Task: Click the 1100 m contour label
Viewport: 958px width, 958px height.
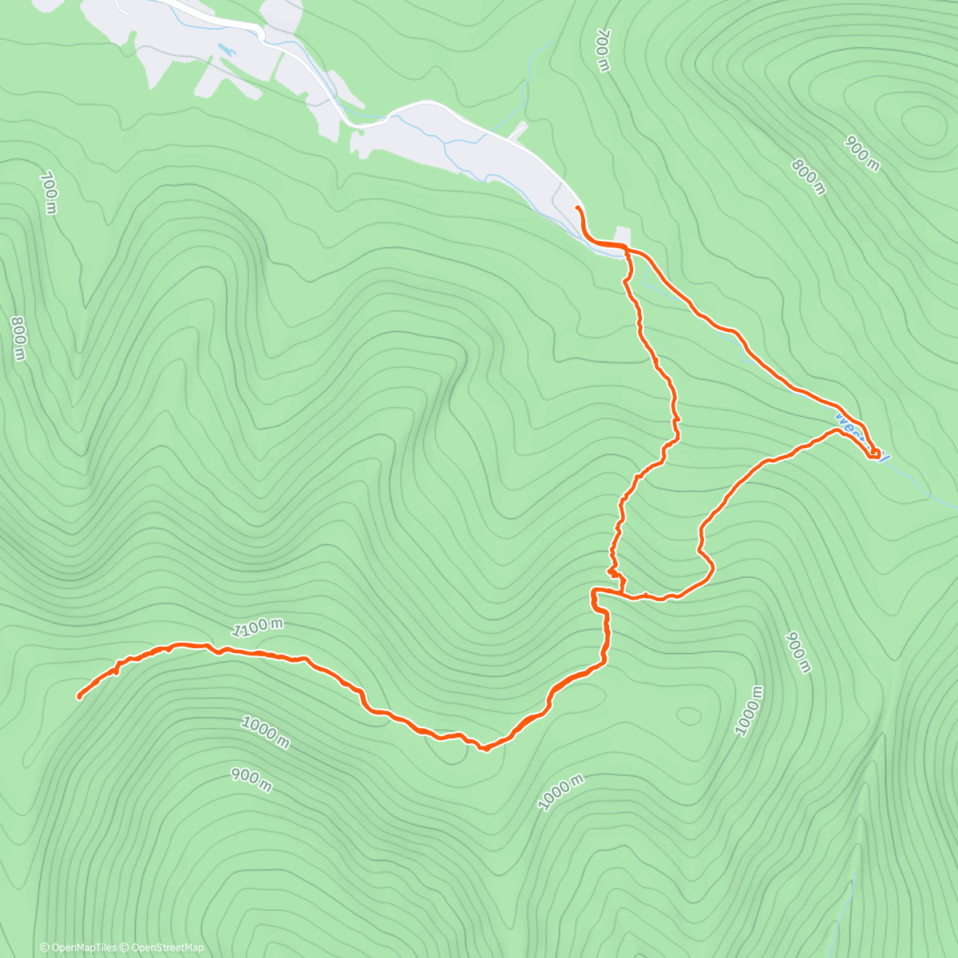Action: coord(257,628)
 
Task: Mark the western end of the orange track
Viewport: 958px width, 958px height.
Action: coord(80,697)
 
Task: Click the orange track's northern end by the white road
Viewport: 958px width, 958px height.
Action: coord(577,208)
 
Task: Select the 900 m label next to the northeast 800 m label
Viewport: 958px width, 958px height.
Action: coord(862,154)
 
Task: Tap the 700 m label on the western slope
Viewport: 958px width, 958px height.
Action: coord(48,192)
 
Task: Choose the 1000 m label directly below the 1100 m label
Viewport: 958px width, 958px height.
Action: coord(264,732)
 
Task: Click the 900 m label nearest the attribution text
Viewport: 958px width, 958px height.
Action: coord(251,779)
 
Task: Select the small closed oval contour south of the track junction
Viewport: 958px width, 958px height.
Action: coord(687,715)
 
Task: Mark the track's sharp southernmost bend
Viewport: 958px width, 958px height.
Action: coord(484,748)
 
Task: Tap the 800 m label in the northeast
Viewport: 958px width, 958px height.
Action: coord(808,177)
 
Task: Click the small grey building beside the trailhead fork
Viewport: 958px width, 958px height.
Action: coord(623,237)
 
